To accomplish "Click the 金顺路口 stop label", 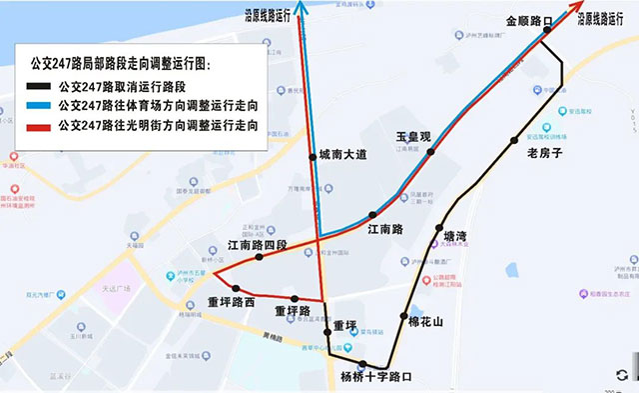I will (x=529, y=20).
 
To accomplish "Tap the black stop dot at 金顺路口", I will (x=546, y=31).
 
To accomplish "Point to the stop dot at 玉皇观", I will (x=431, y=152).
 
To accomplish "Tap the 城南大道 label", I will (x=342, y=155).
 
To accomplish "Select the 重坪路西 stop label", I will (x=232, y=302).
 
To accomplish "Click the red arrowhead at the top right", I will (x=578, y=8).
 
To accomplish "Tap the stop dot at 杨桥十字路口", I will (x=363, y=364).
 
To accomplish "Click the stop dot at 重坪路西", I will (x=238, y=290).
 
